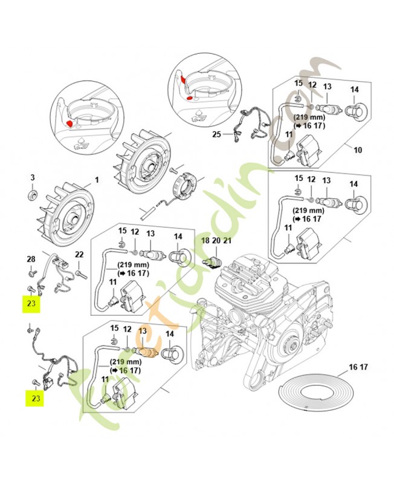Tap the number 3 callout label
[33, 177]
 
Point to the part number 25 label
[216, 134]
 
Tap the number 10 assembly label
[357, 149]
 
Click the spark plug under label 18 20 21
[212, 261]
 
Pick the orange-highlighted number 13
[143, 331]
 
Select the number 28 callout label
[31, 259]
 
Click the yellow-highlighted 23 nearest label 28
[31, 304]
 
